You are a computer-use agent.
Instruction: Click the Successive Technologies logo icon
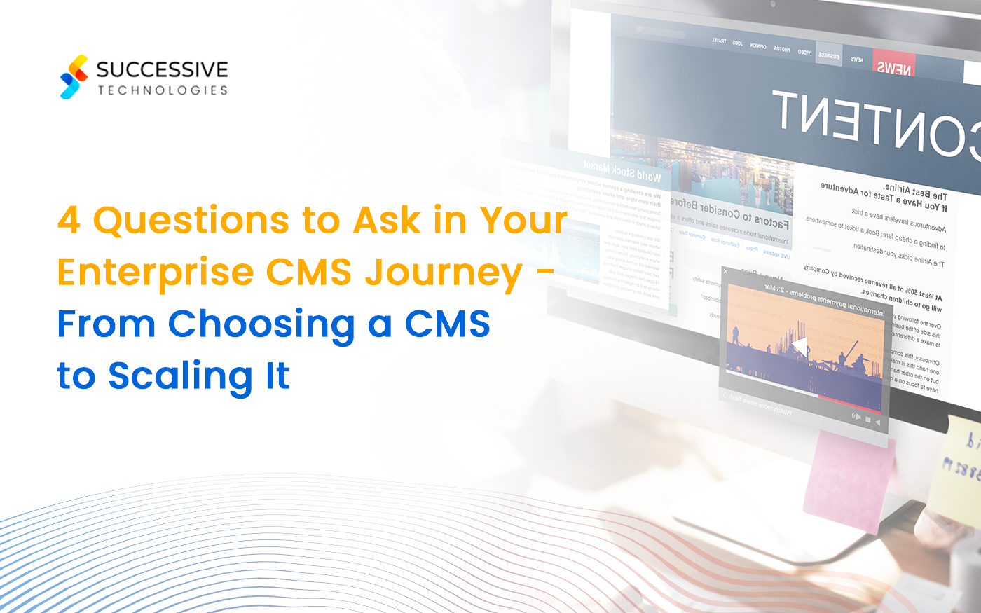(74, 77)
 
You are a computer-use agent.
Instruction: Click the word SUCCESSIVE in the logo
(162, 69)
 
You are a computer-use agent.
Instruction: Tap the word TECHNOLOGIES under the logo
(163, 90)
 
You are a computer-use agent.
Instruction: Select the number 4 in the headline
(69, 221)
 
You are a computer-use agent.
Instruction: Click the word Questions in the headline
(191, 221)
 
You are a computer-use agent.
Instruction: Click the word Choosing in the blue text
(261, 324)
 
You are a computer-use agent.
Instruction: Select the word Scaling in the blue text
(179, 376)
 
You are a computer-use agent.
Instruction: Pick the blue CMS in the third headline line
(447, 324)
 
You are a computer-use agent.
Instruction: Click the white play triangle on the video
(799, 346)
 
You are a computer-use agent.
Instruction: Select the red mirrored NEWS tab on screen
(893, 67)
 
